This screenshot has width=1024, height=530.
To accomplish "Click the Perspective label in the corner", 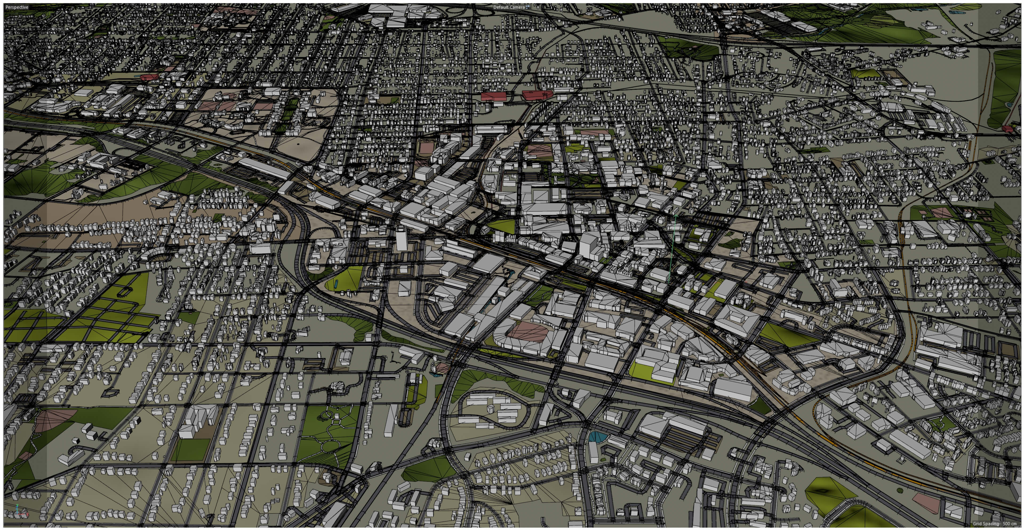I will [17, 7].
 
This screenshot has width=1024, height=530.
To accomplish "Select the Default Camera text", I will [509, 7].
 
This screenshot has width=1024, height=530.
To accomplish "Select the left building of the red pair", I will [493, 96].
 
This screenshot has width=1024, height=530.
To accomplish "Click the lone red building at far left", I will [149, 77].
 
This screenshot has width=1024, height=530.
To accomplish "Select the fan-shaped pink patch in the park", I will [52, 420].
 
